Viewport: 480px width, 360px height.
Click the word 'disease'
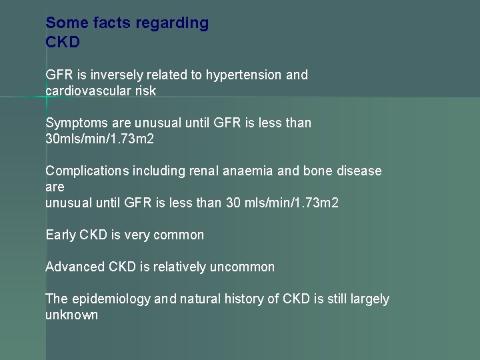click(x=359, y=171)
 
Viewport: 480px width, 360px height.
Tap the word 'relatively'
click(x=179, y=267)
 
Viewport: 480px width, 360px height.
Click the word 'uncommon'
click(x=242, y=267)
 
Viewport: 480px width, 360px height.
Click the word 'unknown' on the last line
click(x=71, y=315)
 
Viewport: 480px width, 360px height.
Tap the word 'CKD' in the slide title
click(x=63, y=43)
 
